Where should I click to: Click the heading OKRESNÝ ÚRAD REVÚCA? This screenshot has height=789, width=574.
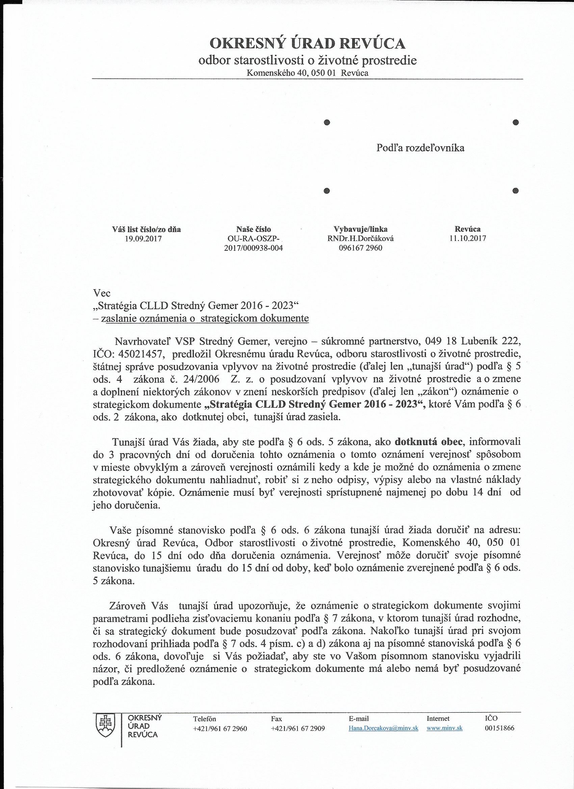[307, 44]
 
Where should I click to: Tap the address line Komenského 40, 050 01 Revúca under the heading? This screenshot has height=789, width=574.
[307, 73]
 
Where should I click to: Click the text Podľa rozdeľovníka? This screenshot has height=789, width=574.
[420, 148]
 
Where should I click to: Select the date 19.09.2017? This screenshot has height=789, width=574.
[143, 239]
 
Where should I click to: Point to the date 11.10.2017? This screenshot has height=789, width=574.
[468, 238]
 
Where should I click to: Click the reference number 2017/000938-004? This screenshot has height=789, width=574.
[254, 248]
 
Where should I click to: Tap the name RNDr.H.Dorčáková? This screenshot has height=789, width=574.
[360, 239]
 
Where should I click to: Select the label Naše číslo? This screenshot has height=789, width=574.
[254, 229]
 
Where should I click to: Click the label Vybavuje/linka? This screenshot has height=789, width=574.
[360, 229]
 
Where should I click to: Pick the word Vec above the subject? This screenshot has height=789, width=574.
[102, 293]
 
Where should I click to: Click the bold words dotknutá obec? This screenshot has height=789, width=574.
[428, 442]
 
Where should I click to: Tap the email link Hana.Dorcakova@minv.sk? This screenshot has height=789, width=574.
[383, 729]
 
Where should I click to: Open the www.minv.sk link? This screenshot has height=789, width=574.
[444, 729]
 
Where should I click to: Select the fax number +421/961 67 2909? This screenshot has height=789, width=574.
[297, 729]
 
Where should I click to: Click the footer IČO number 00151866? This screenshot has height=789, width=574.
[499, 728]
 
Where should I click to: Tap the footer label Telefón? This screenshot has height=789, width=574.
[205, 719]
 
